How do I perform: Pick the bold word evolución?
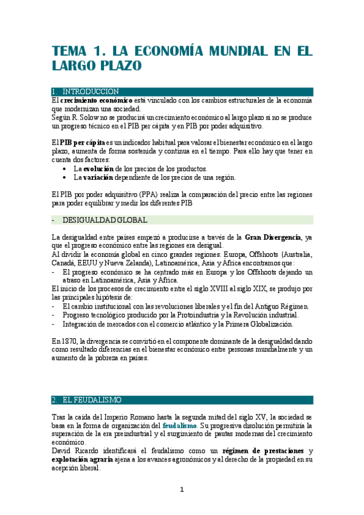click(97, 168)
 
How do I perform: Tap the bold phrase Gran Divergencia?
click(272, 237)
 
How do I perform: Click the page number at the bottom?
click(182, 490)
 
